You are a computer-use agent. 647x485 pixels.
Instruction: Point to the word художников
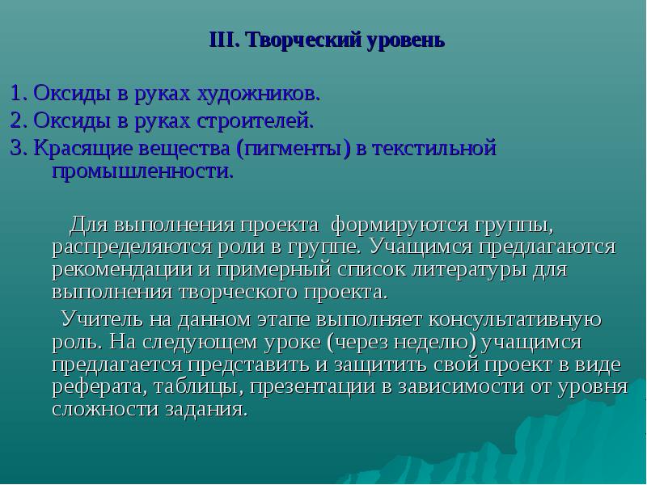(x=258, y=94)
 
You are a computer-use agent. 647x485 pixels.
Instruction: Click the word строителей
(x=255, y=120)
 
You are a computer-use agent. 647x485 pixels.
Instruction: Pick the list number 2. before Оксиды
(x=19, y=120)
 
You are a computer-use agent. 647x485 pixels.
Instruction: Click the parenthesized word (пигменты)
(x=294, y=149)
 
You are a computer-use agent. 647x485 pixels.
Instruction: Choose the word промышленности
(x=143, y=171)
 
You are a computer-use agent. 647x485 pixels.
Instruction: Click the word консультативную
(x=515, y=319)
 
